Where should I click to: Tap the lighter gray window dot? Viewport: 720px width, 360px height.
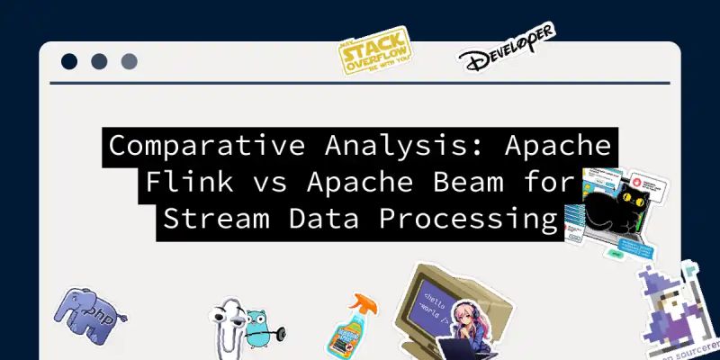click(128, 62)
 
